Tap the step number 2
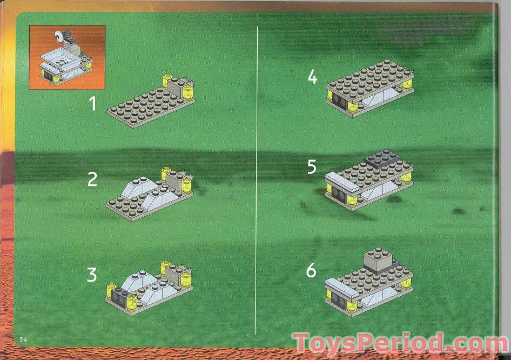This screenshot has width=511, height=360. click(93, 179)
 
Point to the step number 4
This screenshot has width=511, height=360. click(312, 77)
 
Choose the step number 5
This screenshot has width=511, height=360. click(312, 167)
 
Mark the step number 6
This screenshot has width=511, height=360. click(311, 270)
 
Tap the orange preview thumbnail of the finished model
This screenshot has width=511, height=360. click(68, 57)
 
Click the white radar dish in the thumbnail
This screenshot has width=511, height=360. click(58, 37)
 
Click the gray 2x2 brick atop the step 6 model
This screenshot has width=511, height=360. click(379, 259)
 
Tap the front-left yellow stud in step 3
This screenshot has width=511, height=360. click(114, 290)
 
